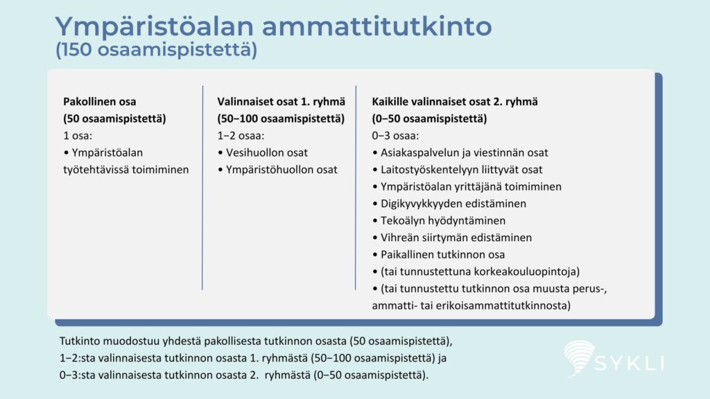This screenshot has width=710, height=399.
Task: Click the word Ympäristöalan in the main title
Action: click(154, 27)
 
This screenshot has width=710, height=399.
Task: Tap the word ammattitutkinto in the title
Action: click(376, 26)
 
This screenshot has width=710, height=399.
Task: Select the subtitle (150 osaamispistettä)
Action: click(156, 50)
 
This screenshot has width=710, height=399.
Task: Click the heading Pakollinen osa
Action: click(100, 102)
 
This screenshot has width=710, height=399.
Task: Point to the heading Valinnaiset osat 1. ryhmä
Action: click(282, 102)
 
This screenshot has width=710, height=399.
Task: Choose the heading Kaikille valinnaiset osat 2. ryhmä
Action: click(455, 102)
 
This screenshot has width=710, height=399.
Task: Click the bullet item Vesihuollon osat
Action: click(263, 153)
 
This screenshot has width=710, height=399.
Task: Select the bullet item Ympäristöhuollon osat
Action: click(277, 170)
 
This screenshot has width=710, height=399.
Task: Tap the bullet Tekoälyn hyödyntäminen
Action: click(439, 221)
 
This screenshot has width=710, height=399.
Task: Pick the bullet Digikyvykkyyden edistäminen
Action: click(449, 204)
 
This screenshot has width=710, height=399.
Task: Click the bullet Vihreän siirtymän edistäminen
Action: click(452, 238)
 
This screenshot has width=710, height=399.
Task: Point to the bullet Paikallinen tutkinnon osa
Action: click(438, 255)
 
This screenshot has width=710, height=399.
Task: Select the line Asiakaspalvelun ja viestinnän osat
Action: click(460, 153)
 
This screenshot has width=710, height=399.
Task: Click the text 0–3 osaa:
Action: click(395, 136)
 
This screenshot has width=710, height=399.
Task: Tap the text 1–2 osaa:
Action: click(241, 136)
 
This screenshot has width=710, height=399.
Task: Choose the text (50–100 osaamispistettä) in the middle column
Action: click(281, 118)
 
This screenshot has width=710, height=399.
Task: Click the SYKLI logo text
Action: click(630, 363)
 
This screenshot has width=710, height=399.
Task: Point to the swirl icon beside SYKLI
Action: click(578, 358)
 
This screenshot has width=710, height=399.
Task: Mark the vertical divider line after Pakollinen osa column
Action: click(202, 188)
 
